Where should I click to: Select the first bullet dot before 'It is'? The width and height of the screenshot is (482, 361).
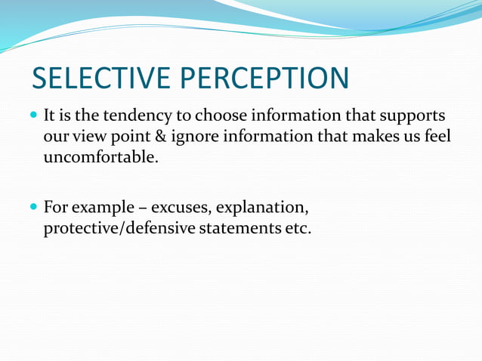point(35,117)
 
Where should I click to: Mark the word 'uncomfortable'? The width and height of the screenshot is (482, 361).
point(99,159)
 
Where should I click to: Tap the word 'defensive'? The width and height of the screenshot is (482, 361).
point(159,227)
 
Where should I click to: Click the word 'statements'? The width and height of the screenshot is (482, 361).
point(238,227)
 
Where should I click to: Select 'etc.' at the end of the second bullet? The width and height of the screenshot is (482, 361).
point(295,227)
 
